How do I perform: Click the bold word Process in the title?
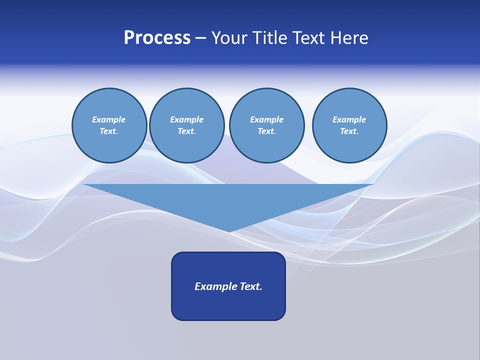157,38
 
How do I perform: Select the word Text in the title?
309,38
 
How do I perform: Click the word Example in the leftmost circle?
109,119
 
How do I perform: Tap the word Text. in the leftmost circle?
109,131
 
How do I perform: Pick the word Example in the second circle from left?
186,119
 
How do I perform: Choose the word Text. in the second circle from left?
186,131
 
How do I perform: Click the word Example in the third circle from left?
266,119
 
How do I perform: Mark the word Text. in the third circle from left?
266,131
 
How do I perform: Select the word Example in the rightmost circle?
349,119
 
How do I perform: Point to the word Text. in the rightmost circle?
349,131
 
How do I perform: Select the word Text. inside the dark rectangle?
251,286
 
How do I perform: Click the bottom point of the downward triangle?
229,231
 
